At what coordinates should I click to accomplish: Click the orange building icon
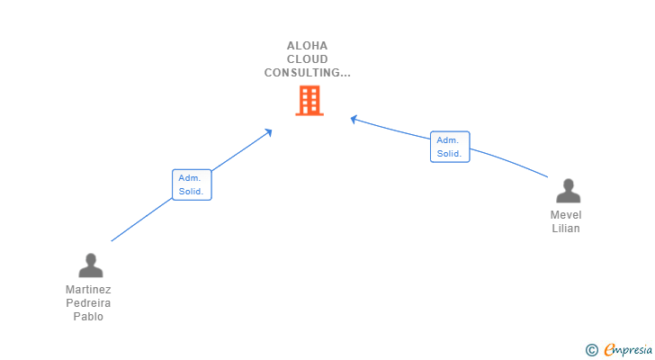[x=309, y=100]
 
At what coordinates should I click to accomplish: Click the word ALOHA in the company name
[x=308, y=46]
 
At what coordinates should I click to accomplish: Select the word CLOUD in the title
[x=308, y=59]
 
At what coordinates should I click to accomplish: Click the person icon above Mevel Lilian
[x=568, y=191]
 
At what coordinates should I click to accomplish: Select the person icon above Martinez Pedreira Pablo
[x=91, y=265]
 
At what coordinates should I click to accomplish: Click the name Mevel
[x=566, y=215]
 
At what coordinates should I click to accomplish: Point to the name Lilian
[x=566, y=229]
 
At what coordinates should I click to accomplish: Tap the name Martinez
[x=88, y=290]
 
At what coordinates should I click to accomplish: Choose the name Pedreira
[x=88, y=303]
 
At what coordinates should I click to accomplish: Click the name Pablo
[x=88, y=317]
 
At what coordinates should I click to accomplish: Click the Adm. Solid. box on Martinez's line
[x=192, y=184]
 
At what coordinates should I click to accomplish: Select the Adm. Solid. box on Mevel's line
[x=449, y=147]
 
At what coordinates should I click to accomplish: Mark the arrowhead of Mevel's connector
[x=354, y=118]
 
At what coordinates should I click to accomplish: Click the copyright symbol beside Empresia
[x=591, y=349]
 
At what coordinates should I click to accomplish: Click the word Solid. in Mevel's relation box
[x=449, y=154]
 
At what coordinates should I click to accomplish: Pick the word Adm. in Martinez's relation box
[x=190, y=178]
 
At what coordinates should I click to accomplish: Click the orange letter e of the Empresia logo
[x=609, y=349]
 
